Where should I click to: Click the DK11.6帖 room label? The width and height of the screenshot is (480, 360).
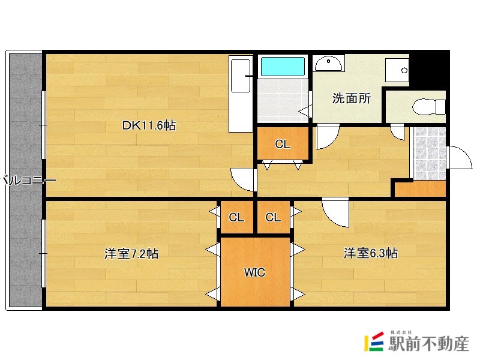point(149,125)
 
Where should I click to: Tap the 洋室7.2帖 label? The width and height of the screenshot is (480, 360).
point(131,253)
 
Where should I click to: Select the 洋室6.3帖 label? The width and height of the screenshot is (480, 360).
point(371,253)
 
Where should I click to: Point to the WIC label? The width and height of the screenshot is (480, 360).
point(254,272)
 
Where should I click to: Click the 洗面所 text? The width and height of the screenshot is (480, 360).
point(352,98)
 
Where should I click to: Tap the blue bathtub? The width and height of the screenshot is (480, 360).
point(283,67)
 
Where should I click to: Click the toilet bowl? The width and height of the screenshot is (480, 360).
point(428,107)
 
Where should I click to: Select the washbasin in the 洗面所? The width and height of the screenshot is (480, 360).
point(328,64)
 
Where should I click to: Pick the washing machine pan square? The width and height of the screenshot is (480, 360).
point(397,70)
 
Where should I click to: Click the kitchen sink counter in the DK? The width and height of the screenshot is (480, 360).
point(241,94)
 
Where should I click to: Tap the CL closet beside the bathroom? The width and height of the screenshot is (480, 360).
point(283,143)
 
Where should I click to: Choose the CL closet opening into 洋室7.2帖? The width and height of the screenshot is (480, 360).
point(236,217)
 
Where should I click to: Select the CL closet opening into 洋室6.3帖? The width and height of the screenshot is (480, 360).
point(274,217)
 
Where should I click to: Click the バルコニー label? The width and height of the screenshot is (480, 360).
point(28,181)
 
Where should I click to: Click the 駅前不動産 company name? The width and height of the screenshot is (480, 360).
point(428,344)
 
